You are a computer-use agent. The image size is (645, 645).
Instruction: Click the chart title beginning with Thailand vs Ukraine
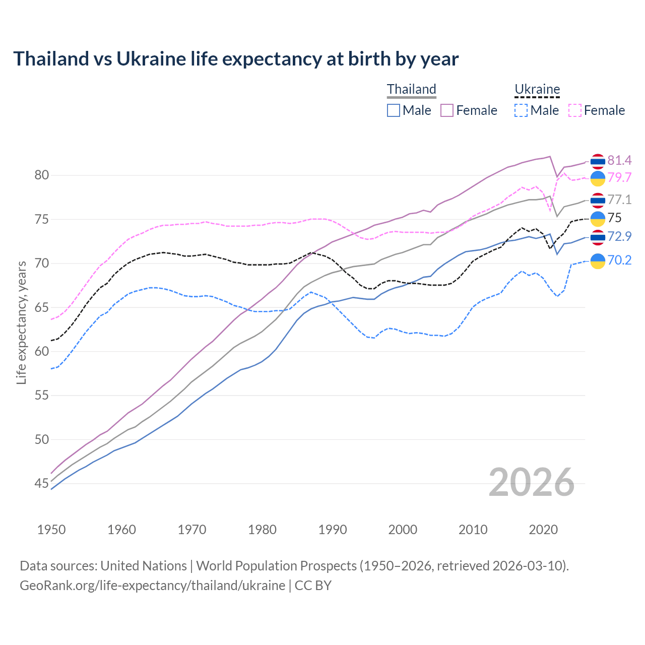pos(236,59)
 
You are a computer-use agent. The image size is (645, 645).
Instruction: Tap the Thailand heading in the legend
pos(411,89)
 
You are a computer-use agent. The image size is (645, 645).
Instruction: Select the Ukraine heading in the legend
pos(537,89)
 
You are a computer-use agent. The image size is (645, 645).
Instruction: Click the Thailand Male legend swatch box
pos(394,110)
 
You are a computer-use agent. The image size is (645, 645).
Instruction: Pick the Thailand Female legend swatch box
pos(447,110)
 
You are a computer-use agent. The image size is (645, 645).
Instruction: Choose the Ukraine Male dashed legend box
pos(521,110)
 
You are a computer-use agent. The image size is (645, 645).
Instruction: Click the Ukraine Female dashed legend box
pos(575,110)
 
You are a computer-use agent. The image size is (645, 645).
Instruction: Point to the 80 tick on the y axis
pos(42,175)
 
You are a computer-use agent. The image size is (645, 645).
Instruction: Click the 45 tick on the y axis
pos(42,484)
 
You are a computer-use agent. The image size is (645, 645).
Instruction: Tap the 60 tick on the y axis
pos(42,352)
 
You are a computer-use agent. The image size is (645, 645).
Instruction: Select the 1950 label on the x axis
pos(51,530)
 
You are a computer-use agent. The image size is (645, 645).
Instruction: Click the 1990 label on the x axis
pos(333,530)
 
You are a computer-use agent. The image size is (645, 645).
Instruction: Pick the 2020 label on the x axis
pos(543,530)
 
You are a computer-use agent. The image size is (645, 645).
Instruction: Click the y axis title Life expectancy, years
pos(21,322)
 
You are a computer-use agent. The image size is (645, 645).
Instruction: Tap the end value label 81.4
pos(619,160)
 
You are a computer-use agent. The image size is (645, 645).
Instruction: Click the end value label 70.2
pos(619,260)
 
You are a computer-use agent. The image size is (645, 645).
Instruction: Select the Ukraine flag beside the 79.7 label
pos(598,178)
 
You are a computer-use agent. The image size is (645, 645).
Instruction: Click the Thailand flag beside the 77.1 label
pos(598,200)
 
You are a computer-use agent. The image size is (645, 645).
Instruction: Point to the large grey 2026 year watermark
pos(532,483)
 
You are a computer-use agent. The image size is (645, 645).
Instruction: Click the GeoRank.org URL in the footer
pos(152,586)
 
